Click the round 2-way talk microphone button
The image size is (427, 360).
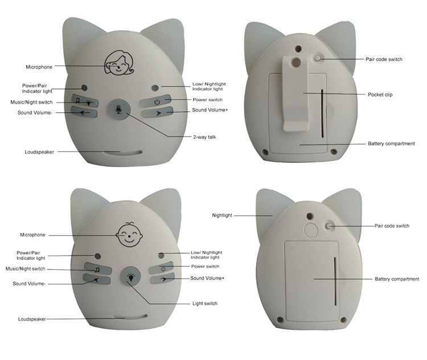coord(119,109)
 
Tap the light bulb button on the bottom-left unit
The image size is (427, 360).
coord(131,276)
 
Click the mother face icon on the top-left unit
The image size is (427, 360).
coord(119,63)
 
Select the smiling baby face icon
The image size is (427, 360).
coord(129,235)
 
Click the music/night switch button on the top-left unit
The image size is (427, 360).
coord(85,101)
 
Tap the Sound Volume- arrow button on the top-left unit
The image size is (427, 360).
coord(84,112)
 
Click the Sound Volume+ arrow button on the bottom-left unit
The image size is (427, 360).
coord(162,278)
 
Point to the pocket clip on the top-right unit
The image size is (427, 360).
coord(295,93)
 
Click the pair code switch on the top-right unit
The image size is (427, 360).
coord(318,58)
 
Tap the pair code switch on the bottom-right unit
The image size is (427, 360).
coord(329,226)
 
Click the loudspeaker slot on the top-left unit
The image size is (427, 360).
coord(122,153)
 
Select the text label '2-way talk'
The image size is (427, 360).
coord(204,137)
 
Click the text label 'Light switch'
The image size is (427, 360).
coord(205,303)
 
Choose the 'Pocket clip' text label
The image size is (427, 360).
coord(380,95)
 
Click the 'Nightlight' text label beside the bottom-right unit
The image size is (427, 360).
coord(222,215)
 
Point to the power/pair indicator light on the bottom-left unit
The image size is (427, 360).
coord(98,256)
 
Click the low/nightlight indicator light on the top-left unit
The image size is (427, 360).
coord(155,88)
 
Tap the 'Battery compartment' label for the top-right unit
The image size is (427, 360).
coord(391,144)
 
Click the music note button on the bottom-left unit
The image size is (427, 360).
coord(98,268)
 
